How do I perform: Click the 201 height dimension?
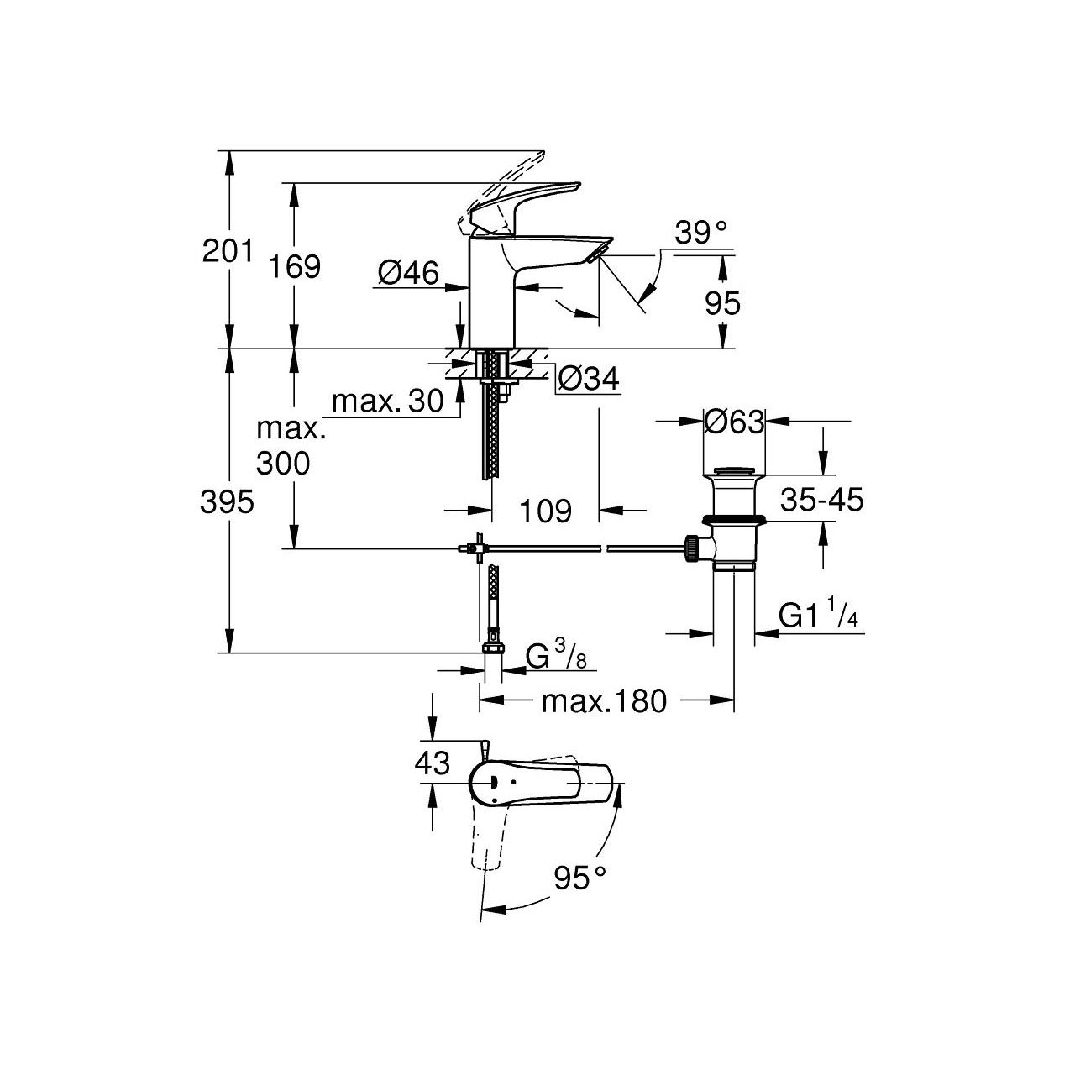coord(228,250)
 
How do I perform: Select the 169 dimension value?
coord(295,266)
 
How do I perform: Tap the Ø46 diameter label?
coord(408,272)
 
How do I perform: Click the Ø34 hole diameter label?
coord(588,380)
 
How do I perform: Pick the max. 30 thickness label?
coord(387,401)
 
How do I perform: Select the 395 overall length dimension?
coord(228,502)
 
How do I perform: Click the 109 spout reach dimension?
coord(545,510)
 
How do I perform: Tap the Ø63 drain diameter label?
coord(734,422)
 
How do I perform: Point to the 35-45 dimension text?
coord(821,501)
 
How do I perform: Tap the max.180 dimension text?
coord(603,700)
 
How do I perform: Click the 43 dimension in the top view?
coord(433,763)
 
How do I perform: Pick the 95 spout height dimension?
coord(723,302)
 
